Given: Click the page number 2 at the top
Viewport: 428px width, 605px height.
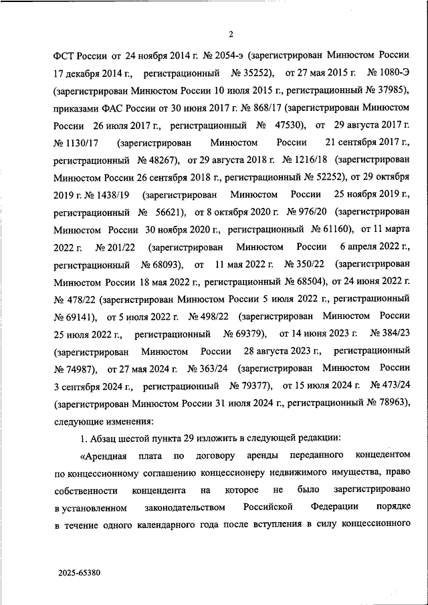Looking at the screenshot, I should pos(230,34).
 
